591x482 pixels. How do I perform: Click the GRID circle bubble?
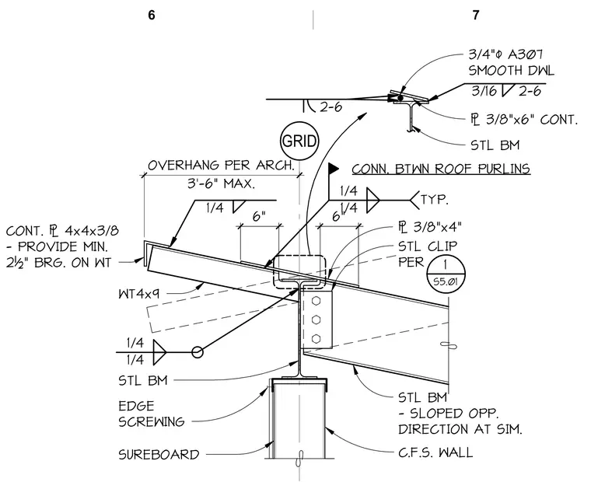299,141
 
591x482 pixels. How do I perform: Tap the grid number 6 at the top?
152,15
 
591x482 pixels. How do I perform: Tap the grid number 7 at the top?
476,15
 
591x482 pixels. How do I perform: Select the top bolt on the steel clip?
316,301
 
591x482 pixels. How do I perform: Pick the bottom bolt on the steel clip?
316,337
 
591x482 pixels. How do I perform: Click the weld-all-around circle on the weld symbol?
197,352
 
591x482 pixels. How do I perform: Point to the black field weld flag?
334,168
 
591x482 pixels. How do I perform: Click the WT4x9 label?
138,294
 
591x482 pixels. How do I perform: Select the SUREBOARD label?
159,455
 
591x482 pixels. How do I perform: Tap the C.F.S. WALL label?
435,452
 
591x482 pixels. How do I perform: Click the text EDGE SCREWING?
152,414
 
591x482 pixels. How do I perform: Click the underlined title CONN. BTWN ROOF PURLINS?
441,169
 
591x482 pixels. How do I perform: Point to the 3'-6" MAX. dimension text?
222,184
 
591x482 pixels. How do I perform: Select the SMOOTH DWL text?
512,71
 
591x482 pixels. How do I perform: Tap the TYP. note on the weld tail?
434,200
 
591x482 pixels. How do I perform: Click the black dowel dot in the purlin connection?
400,98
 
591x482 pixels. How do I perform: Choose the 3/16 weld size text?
484,91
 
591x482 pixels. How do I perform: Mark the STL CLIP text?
428,246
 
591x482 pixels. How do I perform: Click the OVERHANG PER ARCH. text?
221,166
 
